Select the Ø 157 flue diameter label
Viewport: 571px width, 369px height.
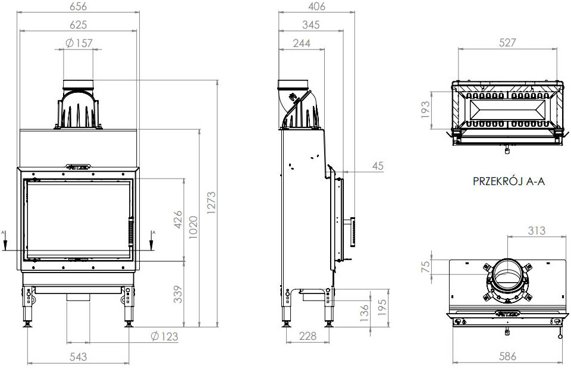click(77, 43)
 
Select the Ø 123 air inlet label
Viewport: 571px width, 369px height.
click(164, 337)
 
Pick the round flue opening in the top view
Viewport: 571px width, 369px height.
click(507, 276)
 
